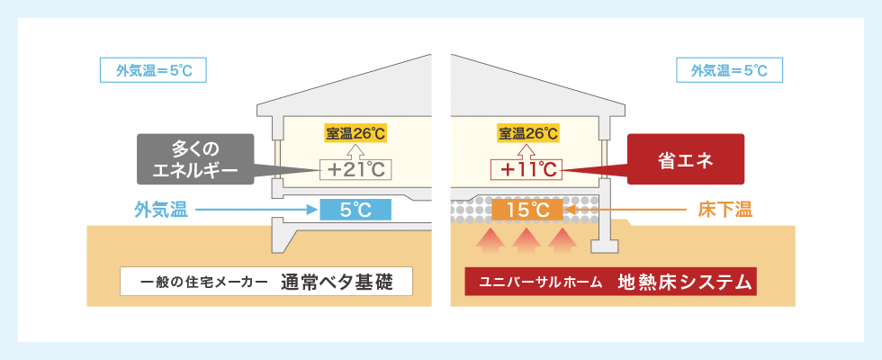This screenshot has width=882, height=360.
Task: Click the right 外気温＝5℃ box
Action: pos(729,71)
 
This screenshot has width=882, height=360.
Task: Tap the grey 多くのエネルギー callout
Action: pos(195,159)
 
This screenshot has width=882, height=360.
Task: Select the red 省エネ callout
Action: pos(685,159)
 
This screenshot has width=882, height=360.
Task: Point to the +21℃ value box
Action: pos(355,170)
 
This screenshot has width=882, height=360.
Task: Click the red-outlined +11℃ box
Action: pos(526,170)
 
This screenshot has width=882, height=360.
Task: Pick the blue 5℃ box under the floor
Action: pos(355,210)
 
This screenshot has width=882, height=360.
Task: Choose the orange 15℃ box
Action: pos(527,210)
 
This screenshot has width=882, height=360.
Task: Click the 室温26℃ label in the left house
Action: pos(355,133)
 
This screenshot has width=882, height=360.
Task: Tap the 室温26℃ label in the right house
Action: pos(528,133)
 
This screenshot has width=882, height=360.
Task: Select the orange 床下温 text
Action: pos(725,211)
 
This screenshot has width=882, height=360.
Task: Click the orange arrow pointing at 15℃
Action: pos(625,211)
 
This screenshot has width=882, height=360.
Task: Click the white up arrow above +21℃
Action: pos(355,151)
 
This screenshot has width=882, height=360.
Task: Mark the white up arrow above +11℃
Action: pos(528,151)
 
